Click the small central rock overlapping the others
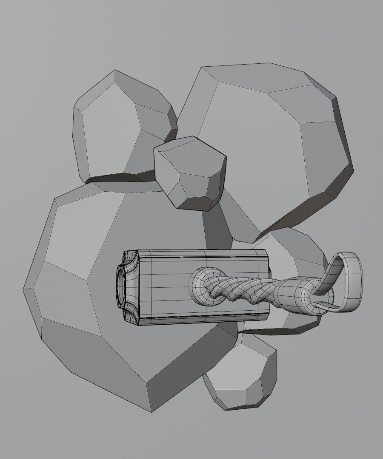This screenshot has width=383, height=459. point(189,172)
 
